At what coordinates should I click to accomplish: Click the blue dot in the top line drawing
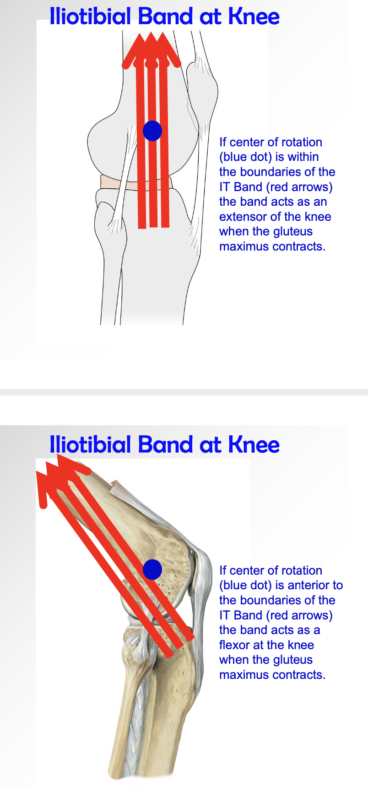pyautogui.click(x=152, y=131)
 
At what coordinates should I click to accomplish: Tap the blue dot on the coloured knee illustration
pyautogui.click(x=152, y=570)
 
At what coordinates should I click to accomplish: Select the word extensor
pyautogui.click(x=244, y=217)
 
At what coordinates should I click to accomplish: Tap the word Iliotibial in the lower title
pyautogui.click(x=90, y=444)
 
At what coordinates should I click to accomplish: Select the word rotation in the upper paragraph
pyautogui.click(x=302, y=142)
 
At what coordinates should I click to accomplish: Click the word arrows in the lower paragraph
pyautogui.click(x=310, y=615)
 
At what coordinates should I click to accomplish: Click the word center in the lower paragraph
pyautogui.click(x=249, y=571)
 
